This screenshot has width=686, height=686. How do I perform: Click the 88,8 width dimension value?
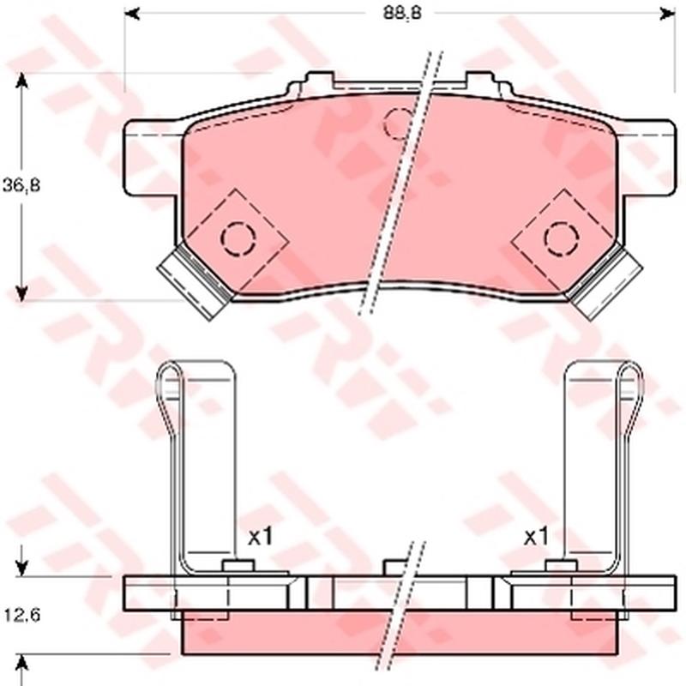tap(402, 14)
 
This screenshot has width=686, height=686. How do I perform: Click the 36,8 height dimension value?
tap(21, 185)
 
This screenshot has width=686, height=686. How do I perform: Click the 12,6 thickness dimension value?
tap(22, 615)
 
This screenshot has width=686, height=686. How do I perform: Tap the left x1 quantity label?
tap(261, 537)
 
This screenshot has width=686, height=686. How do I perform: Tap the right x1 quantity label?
tap(537, 537)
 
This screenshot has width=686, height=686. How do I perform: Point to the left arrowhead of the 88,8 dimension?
tap(132, 14)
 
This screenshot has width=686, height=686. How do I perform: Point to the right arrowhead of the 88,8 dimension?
tap(667, 14)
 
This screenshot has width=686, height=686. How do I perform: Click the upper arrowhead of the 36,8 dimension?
tap(21, 81)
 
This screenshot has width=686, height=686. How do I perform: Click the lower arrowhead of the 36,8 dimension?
tap(21, 292)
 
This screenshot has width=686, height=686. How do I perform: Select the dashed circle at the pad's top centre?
tap(397, 123)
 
